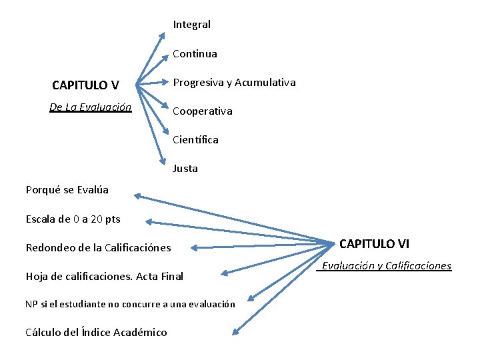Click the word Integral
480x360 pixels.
pyautogui.click(x=191, y=25)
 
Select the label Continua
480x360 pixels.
pyautogui.click(x=195, y=53)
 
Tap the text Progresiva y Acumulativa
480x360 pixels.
pyautogui.click(x=234, y=83)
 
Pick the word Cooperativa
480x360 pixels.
pyautogui.click(x=203, y=111)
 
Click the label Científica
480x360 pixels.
pyautogui.click(x=195, y=140)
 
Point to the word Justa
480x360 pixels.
pyautogui.click(x=185, y=169)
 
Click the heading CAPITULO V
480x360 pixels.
pyautogui.click(x=85, y=85)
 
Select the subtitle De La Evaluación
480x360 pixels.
pyautogui.click(x=90, y=107)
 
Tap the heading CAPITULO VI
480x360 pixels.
pyautogui.click(x=375, y=244)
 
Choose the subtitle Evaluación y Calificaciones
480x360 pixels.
pyautogui.click(x=386, y=266)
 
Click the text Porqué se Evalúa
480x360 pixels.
pyautogui.click(x=67, y=190)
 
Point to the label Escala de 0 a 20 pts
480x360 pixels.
pyautogui.click(x=73, y=219)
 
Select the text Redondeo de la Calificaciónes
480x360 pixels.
pyautogui.click(x=98, y=248)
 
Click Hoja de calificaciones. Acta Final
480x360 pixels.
pyautogui.click(x=104, y=276)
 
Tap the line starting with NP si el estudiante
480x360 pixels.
pyautogui.click(x=130, y=304)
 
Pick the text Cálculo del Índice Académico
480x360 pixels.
pyautogui.click(x=96, y=332)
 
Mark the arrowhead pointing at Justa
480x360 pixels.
pyautogui.click(x=162, y=160)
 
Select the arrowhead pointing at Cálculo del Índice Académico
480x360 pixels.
pyautogui.click(x=236, y=329)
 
